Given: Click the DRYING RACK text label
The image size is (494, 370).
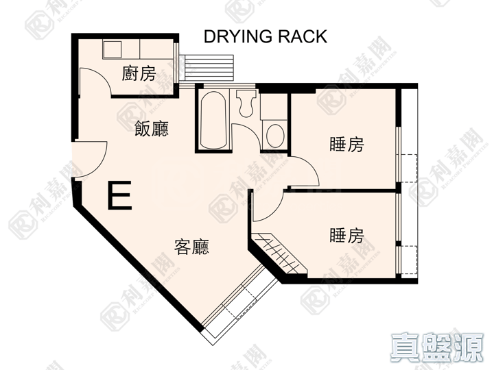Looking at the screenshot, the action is (266, 36).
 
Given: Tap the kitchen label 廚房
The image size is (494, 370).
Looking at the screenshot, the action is (139, 73).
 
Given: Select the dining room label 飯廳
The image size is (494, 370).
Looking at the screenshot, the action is (152, 128).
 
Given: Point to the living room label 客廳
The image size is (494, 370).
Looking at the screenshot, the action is (191, 247).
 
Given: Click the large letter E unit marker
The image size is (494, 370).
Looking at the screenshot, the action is (119, 195).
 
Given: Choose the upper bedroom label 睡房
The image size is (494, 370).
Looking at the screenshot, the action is (346, 144).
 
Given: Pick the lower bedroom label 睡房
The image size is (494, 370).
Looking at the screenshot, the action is (346, 235).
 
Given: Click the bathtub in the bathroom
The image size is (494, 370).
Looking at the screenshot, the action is (213, 119).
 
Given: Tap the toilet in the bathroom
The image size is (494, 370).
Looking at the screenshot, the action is (246, 103).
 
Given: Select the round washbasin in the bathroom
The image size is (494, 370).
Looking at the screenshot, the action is (275, 136).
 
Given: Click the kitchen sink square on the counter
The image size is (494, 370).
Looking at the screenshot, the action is (112, 49).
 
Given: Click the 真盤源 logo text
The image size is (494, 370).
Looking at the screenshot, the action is (437, 347).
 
